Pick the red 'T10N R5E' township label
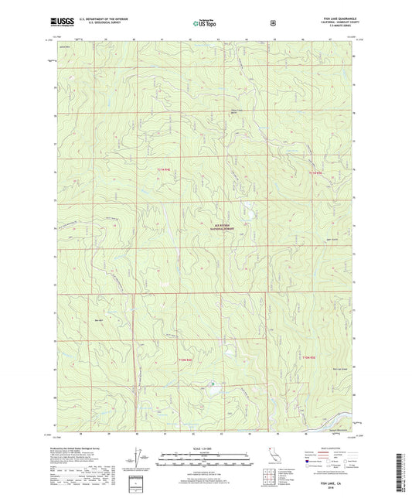(x=310, y=357)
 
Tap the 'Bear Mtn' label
(x=98, y=319)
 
